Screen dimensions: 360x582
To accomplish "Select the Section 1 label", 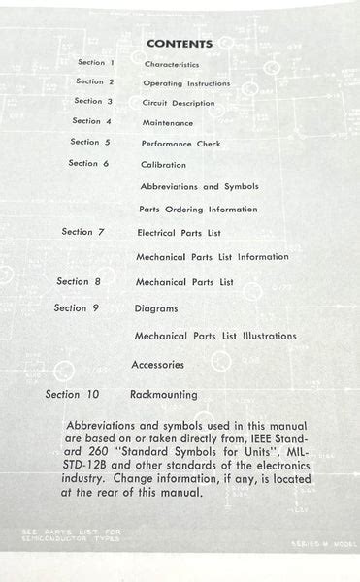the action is click(x=97, y=62).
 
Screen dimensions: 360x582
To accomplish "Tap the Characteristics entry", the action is click(x=172, y=64).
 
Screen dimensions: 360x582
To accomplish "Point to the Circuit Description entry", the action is click(x=179, y=103).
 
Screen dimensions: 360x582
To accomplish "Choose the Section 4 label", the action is click(x=92, y=121).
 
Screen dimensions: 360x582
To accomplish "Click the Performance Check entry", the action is click(x=180, y=144).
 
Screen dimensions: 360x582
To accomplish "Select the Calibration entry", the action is click(x=163, y=165).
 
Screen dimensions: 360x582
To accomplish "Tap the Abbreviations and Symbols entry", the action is click(x=199, y=186).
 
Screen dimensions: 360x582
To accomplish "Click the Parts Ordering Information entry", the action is click(x=198, y=210).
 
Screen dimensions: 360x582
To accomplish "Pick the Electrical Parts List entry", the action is click(x=179, y=234).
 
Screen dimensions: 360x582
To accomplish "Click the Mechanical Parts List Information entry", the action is click(x=213, y=257).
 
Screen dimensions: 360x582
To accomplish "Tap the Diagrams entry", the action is click(x=156, y=308).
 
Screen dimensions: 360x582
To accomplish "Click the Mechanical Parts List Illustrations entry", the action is click(x=215, y=337).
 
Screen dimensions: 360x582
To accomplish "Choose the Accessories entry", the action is click(x=157, y=366).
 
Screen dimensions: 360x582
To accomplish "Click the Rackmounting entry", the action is click(x=163, y=395).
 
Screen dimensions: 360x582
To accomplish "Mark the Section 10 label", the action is click(x=73, y=395).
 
